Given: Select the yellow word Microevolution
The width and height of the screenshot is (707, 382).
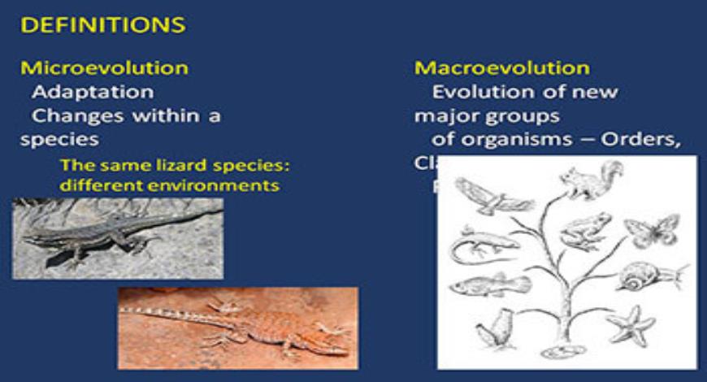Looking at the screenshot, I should click(104, 67).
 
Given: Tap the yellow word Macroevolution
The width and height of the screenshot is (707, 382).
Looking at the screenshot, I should click(502, 68).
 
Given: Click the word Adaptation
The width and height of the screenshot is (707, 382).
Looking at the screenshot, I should click(92, 92).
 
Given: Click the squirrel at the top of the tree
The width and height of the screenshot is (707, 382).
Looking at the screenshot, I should click(592, 180).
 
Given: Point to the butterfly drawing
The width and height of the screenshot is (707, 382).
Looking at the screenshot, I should click(652, 229).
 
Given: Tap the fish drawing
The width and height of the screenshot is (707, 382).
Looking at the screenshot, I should click(489, 284).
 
